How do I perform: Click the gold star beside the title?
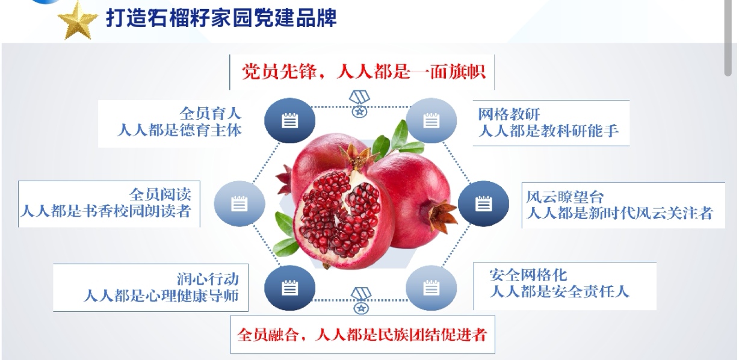coord(78,20)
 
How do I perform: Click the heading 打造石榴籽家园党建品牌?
coord(221,17)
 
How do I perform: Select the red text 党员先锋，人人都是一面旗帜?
coord(363,72)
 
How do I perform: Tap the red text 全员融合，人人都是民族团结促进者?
coord(362,335)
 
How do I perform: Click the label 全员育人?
coord(211,114)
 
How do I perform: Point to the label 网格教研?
coord(509,114)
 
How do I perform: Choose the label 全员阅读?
coord(160,194)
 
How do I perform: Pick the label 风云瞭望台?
coord(565,197)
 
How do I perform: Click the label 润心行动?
coord(208,279)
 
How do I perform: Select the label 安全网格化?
coord(528,275)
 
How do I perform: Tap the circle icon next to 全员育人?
coord(289,120)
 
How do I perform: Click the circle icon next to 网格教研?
coord(431,120)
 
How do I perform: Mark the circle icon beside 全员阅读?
coord(240,203)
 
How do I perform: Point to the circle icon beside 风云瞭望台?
coord(483,203)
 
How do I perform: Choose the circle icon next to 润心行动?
coord(289,288)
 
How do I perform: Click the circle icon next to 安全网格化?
coord(431,288)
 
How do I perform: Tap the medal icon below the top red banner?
coord(360,104)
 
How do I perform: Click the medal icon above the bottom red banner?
coord(361,300)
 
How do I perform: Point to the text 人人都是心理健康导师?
coord(161,296)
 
